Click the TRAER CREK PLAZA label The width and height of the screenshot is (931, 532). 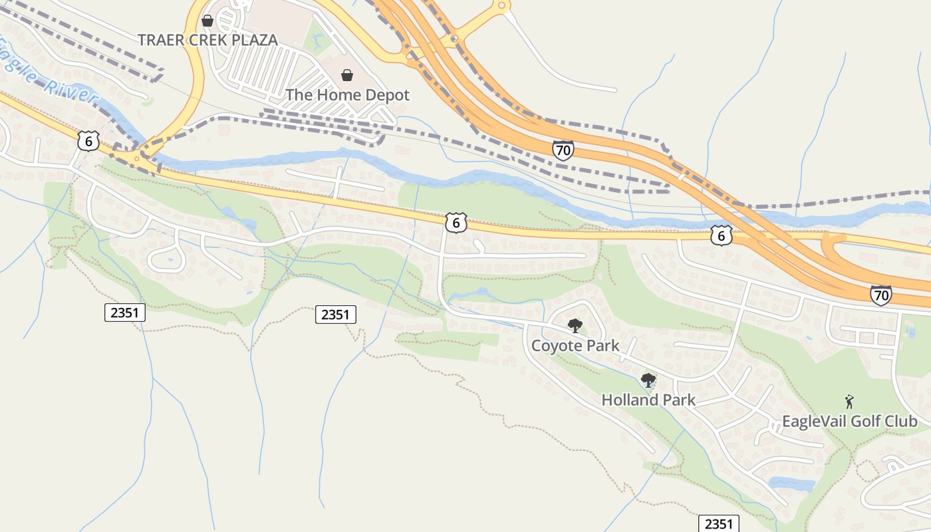click(x=207, y=40)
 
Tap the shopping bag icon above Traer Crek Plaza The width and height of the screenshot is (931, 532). click(x=207, y=21)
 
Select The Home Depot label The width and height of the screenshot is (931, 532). click(x=347, y=95)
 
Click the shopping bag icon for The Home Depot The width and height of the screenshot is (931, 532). click(x=347, y=75)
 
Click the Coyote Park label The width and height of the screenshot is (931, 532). click(x=575, y=346)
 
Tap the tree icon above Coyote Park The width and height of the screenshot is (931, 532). click(x=575, y=326)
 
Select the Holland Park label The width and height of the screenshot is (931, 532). click(x=648, y=400)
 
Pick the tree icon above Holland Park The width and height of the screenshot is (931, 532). click(x=648, y=380)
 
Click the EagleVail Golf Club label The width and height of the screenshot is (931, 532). click(x=849, y=421)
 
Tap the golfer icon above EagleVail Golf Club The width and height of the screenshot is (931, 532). click(x=849, y=402)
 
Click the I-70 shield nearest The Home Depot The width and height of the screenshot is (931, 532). click(x=563, y=150)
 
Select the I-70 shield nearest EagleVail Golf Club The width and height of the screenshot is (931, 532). click(x=881, y=295)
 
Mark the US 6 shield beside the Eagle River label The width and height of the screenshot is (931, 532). click(x=88, y=140)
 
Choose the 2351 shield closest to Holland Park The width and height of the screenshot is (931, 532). click(x=719, y=523)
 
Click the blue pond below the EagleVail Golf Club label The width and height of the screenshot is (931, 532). click(x=791, y=483)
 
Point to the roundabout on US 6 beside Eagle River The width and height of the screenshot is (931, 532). click(x=137, y=158)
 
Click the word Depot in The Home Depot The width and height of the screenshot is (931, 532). click(x=387, y=95)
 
